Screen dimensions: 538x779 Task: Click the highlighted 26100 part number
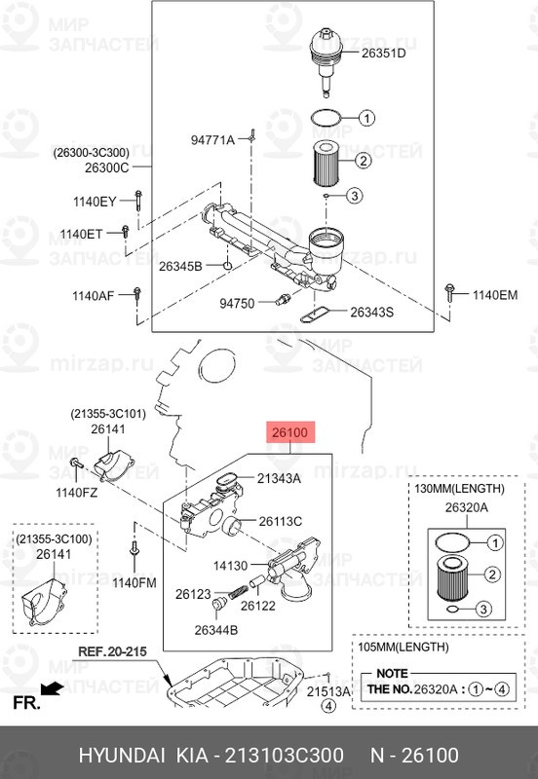tap(289, 432)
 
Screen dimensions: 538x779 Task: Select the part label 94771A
tap(212, 140)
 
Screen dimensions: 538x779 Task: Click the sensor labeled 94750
tap(284, 300)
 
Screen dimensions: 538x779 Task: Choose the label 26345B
tap(180, 267)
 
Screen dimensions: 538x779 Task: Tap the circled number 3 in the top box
tap(354, 196)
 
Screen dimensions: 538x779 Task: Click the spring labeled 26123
tap(238, 591)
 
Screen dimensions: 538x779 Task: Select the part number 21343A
tap(279, 478)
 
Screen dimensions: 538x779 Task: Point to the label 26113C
tap(280, 521)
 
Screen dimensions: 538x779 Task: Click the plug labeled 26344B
tap(218, 605)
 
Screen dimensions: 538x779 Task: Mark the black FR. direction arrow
tap(52, 689)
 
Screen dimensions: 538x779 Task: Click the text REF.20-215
tap(112, 651)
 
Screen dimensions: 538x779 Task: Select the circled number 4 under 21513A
tap(327, 705)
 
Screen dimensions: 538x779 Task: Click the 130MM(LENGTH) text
tap(459, 489)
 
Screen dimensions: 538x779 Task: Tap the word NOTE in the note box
tap(392, 674)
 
